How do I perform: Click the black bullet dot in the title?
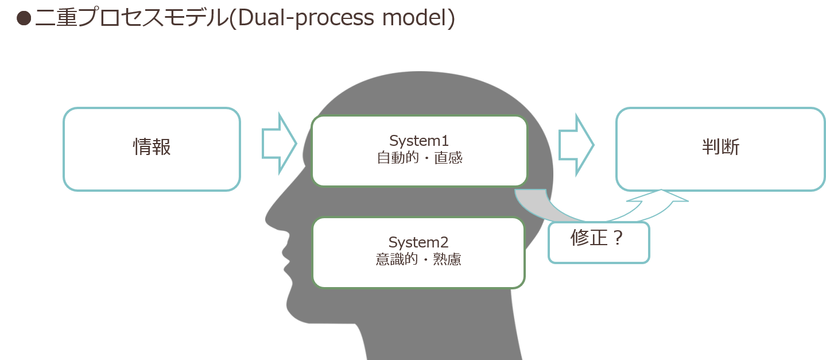click(24, 18)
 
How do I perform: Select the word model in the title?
click(413, 17)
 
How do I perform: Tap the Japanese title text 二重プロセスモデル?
click(132, 17)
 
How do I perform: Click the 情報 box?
click(152, 149)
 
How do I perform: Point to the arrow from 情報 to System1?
click(279, 143)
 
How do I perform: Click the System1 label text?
click(419, 141)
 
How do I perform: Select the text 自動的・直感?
click(419, 158)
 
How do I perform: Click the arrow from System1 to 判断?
click(576, 145)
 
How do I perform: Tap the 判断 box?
click(720, 149)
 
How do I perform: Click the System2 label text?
click(418, 242)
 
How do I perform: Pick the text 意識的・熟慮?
click(418, 260)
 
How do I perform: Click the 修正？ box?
click(599, 242)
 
